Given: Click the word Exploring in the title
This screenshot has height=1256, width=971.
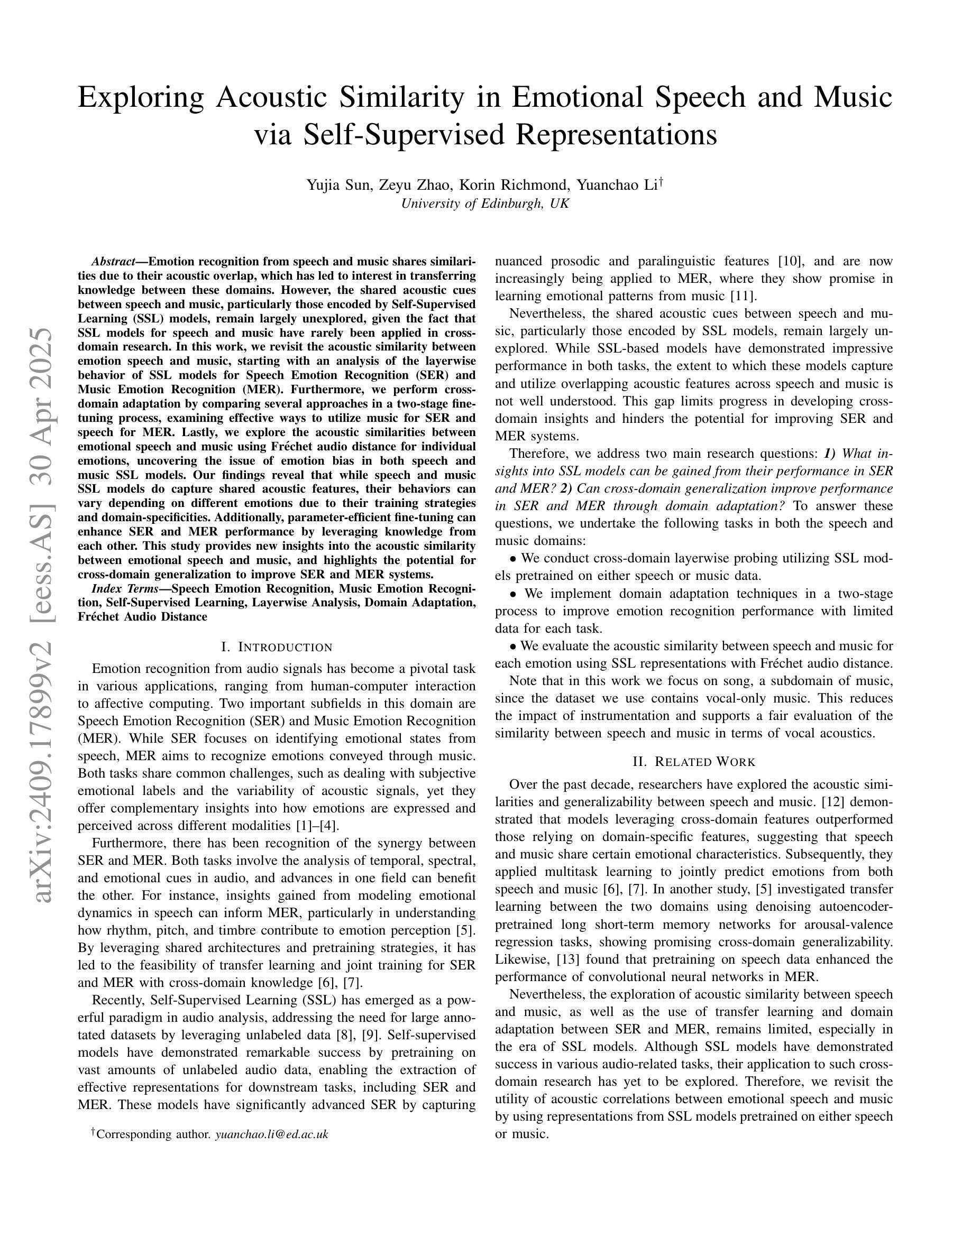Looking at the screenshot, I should coord(140,98).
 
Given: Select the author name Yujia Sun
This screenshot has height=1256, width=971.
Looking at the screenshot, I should coord(339,185).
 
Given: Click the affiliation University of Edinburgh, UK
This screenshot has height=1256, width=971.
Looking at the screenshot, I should coord(485,204).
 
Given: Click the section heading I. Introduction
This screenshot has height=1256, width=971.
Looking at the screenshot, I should coord(277,648).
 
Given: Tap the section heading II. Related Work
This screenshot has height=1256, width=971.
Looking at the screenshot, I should coord(694,762).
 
